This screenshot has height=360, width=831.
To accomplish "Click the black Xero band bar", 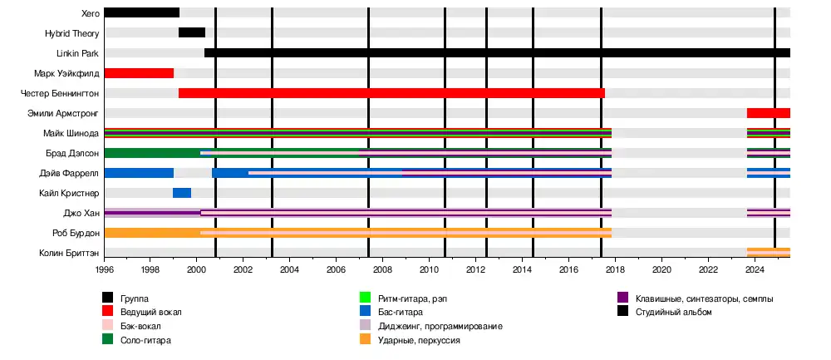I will click(141, 12).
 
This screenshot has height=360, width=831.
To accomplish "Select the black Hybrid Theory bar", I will click(191, 32).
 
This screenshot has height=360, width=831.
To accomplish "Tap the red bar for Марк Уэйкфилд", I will click(139, 73).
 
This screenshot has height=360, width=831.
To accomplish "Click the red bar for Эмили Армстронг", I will click(768, 113).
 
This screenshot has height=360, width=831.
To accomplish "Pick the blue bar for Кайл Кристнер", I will click(182, 193).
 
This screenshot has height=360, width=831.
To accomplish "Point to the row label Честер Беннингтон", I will click(60, 93).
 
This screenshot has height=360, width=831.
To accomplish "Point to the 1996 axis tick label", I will click(105, 270).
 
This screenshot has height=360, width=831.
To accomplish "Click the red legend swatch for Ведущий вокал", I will click(107, 312).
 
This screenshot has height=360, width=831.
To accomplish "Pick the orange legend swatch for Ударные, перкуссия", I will click(365, 340).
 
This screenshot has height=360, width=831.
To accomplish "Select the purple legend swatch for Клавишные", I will click(622, 298).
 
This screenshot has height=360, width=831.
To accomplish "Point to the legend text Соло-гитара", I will click(146, 340).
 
